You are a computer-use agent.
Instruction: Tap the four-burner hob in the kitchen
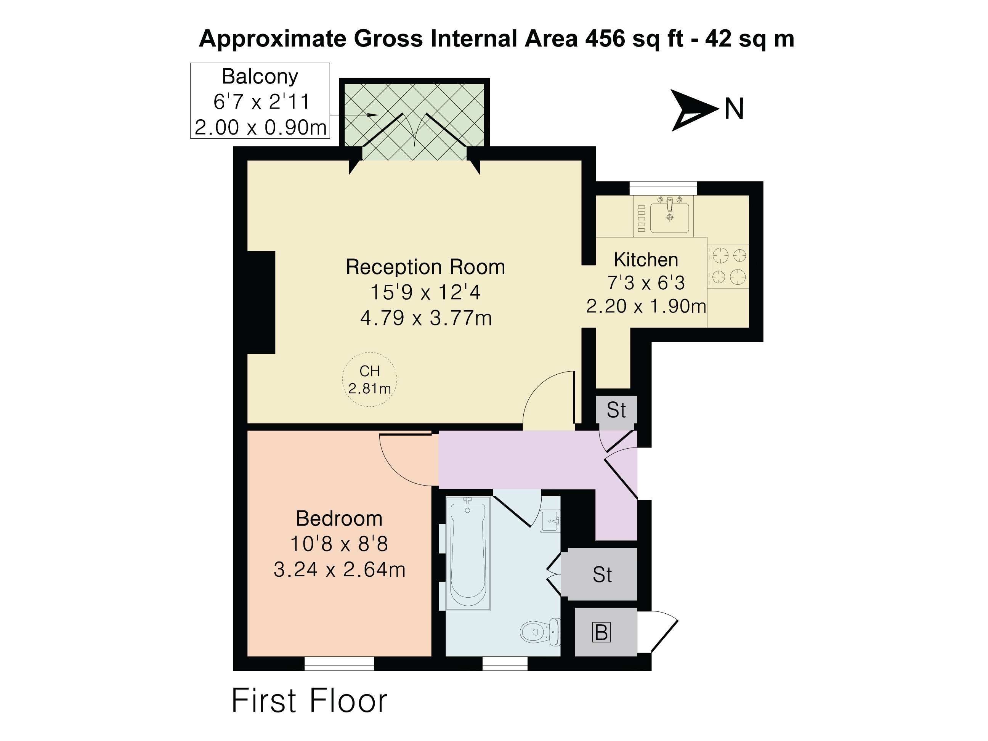point(728,266)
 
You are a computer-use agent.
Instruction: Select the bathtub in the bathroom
point(468,554)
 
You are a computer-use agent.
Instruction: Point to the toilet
point(540,632)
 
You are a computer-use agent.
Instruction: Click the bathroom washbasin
point(550,521)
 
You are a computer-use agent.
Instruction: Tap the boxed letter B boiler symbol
point(601,632)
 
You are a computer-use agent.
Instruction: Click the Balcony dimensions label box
point(260,101)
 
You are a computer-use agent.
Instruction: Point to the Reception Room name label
point(425,267)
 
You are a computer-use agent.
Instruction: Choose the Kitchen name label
point(646,260)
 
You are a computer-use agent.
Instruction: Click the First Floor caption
point(309,700)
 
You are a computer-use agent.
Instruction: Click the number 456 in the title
point(605,38)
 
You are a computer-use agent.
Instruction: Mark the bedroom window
point(339,663)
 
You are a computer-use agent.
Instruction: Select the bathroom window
point(505,663)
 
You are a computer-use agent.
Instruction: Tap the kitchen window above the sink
point(663,188)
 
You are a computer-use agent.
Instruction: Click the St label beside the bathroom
point(602,574)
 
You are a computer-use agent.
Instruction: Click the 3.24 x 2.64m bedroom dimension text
point(340,569)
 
